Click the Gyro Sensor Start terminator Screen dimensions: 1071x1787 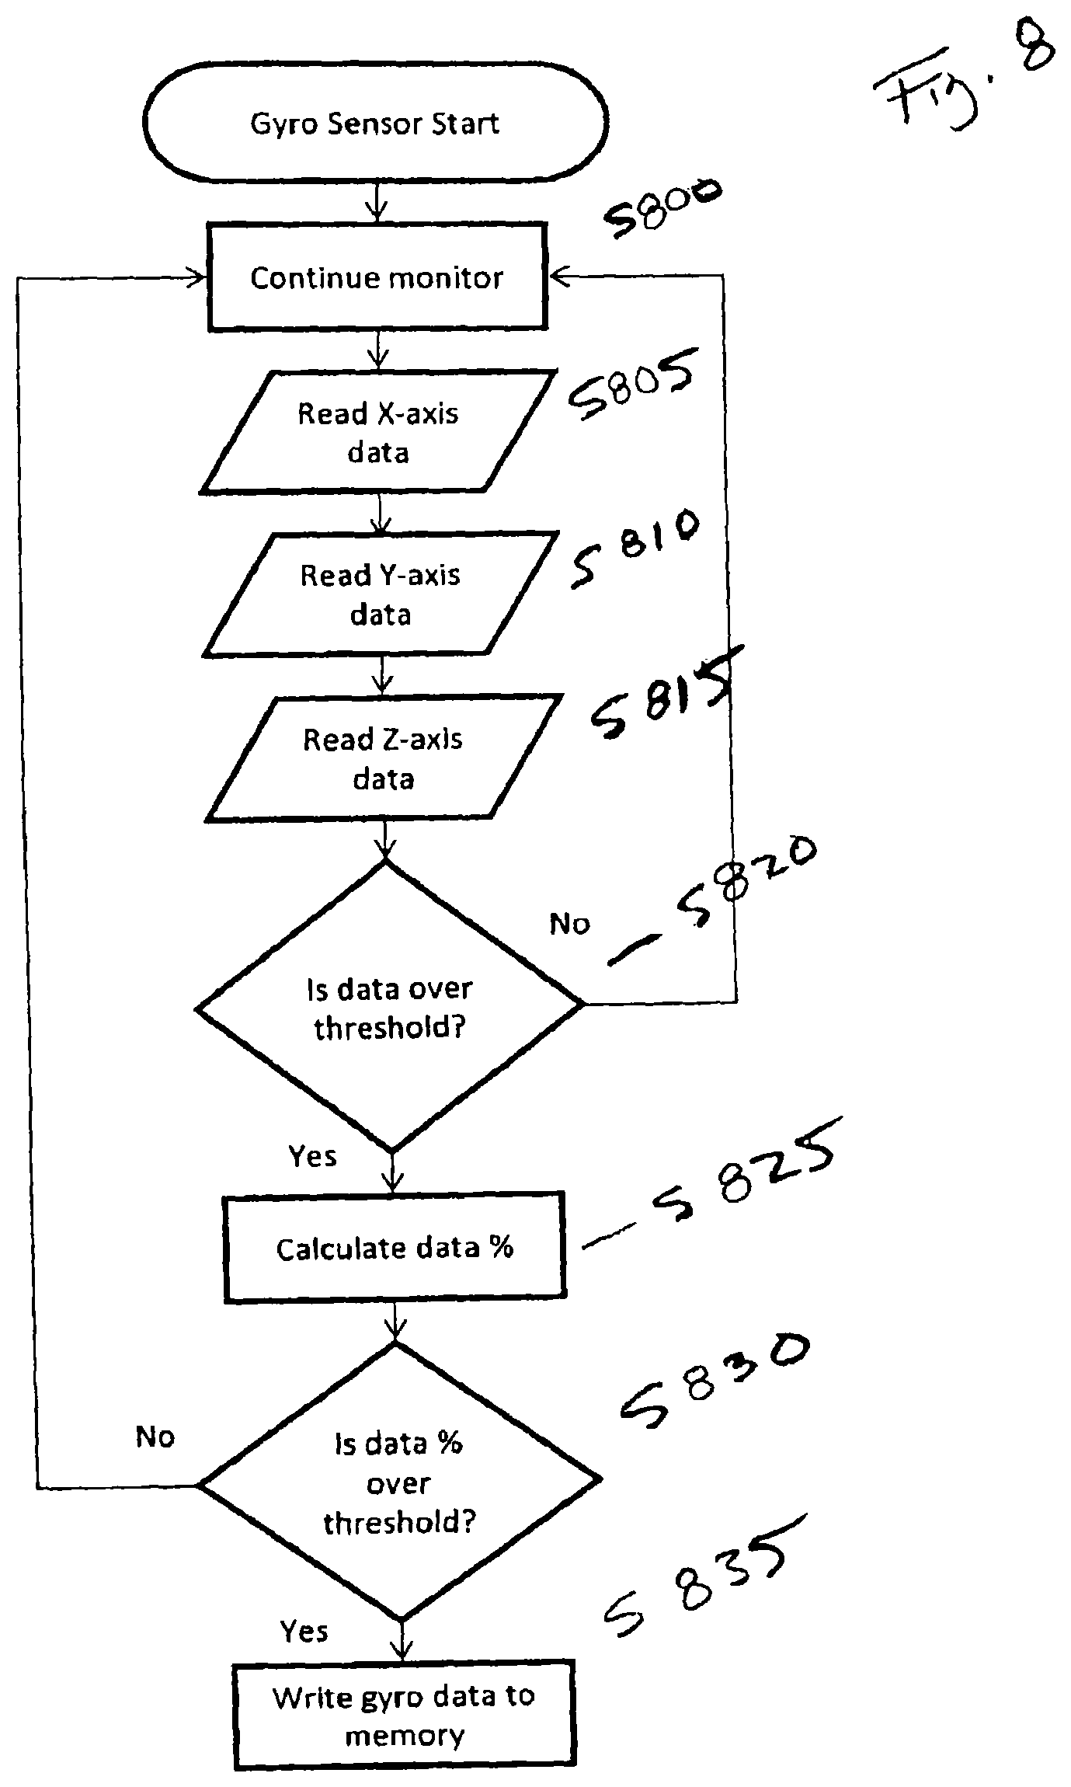tap(374, 123)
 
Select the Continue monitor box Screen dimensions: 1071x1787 tap(377, 277)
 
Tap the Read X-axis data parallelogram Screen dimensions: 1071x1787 tap(378, 432)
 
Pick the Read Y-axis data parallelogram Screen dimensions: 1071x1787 tap(381, 594)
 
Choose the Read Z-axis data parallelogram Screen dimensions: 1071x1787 tap(383, 758)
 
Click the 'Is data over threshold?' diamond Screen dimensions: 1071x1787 tap(389, 1007)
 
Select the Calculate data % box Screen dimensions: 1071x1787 tap(395, 1247)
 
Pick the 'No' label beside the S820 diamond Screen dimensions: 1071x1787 tap(569, 924)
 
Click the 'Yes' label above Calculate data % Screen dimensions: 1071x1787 tap(312, 1156)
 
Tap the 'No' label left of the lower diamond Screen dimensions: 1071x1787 tap(155, 1437)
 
